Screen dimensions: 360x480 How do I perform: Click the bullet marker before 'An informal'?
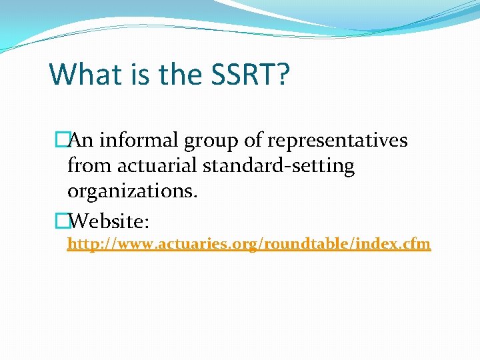(62, 141)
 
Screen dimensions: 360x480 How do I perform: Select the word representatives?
(339, 141)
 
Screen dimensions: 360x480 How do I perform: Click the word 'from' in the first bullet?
(88, 165)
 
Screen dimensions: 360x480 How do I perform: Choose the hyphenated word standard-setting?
(279, 166)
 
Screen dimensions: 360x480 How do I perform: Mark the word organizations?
(133, 191)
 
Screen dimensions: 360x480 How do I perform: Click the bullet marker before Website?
(62, 219)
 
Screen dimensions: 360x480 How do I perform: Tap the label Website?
(113, 219)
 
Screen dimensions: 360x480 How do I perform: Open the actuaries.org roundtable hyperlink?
(249, 245)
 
